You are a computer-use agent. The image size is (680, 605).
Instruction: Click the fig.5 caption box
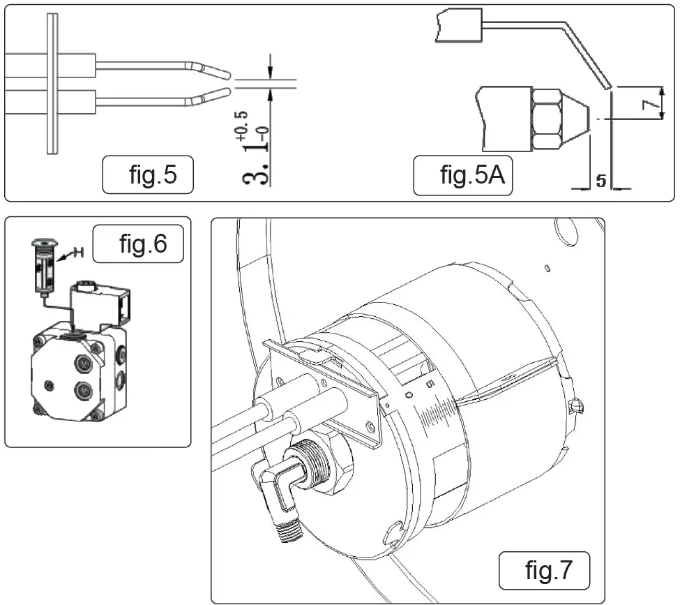click(x=148, y=176)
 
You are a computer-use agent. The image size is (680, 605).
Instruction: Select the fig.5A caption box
click(x=462, y=176)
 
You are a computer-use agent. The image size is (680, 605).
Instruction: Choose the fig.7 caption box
click(x=545, y=570)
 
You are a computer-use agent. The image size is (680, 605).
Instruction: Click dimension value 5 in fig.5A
click(x=600, y=181)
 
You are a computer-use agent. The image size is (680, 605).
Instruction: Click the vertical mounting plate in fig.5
click(x=50, y=82)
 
